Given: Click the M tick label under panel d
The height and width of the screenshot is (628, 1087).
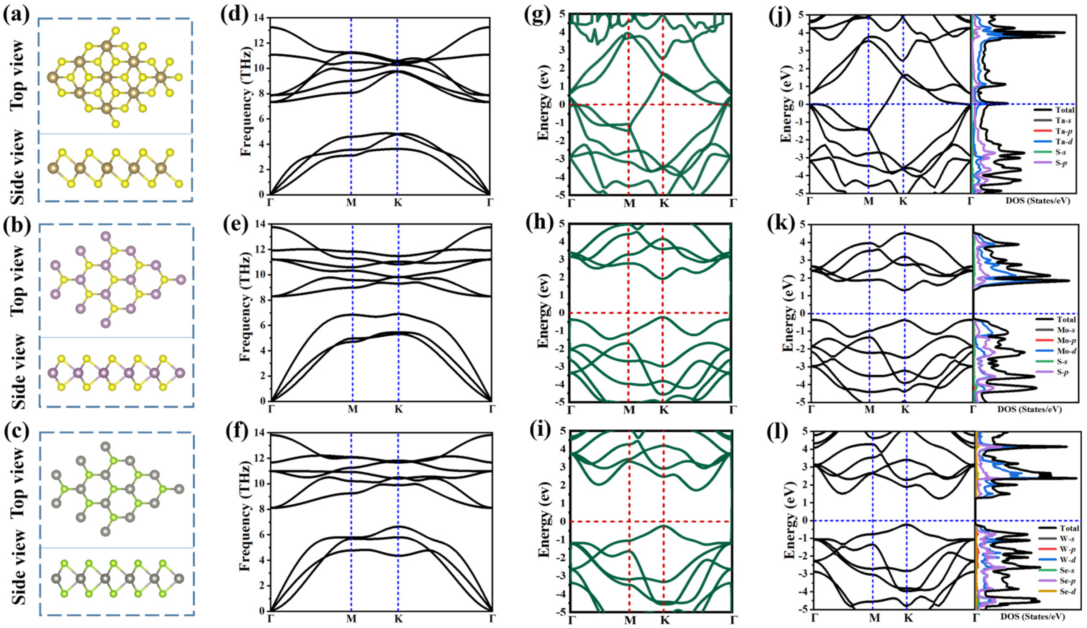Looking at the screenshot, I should [x=351, y=203].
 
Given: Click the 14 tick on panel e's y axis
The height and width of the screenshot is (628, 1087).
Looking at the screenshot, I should [x=259, y=225].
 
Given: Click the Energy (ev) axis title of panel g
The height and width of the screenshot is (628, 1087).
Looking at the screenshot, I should [x=543, y=105].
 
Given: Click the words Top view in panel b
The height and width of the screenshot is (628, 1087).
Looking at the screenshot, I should [x=18, y=280].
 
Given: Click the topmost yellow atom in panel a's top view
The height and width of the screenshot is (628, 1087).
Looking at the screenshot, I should [x=116, y=31].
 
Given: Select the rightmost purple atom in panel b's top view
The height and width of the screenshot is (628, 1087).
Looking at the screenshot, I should [x=181, y=280].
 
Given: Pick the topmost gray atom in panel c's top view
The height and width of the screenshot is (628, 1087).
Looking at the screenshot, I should [x=105, y=447].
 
